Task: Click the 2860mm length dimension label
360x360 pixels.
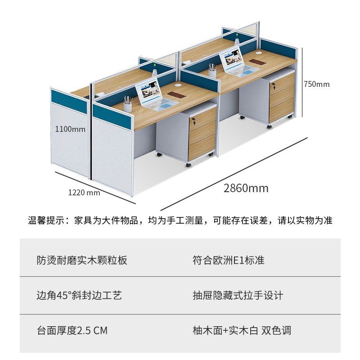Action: tap(246, 188)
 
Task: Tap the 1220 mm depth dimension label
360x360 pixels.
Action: tap(84, 193)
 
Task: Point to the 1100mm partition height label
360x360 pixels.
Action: tap(70, 129)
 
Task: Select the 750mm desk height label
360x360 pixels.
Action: tap(316, 84)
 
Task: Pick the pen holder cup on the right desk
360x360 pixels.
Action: tap(212, 71)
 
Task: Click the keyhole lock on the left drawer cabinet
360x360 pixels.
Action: tap(194, 121)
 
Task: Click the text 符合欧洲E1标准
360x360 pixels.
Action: tap(228, 260)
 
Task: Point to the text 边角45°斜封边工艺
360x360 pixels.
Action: tap(79, 295)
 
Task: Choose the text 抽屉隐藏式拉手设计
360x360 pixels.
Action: tap(238, 295)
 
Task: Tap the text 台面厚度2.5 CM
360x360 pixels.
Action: tap(72, 330)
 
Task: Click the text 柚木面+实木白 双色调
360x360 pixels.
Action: tap(242, 330)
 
